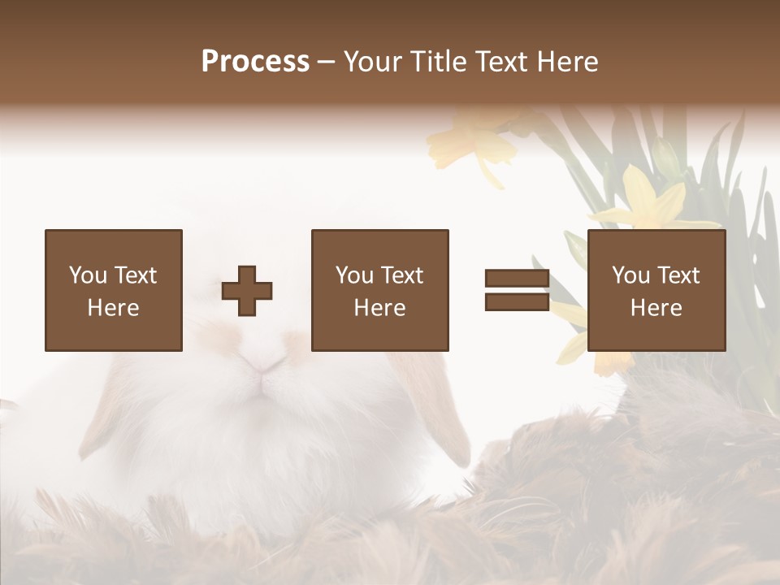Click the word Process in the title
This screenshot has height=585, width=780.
click(255, 62)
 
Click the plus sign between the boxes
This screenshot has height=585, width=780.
click(247, 290)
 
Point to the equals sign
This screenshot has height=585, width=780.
click(517, 290)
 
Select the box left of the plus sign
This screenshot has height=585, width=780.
click(114, 290)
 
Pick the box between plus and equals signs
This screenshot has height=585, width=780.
click(380, 290)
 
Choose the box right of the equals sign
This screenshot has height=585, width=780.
click(656, 290)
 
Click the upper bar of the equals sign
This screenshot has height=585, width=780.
click(517, 279)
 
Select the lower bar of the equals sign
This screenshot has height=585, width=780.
click(517, 302)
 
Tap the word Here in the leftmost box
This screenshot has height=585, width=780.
click(114, 308)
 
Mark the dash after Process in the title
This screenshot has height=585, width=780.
click(326, 62)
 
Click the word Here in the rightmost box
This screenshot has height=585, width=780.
click(656, 308)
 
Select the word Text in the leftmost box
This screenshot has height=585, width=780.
click(136, 275)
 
